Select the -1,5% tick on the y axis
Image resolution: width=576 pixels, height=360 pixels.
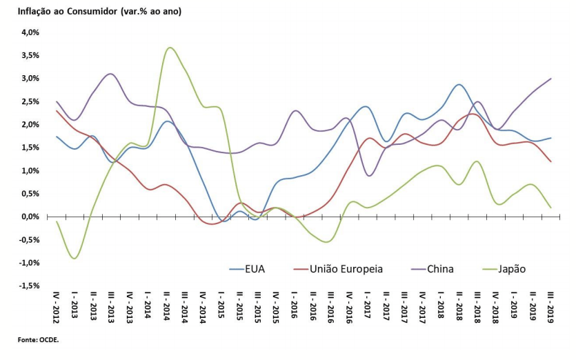[30, 286]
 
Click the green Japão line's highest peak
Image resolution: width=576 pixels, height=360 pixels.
[170, 48]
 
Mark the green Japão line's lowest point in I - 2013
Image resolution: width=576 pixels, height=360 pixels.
[74, 258]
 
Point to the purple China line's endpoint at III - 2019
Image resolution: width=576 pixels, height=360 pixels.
[550, 79]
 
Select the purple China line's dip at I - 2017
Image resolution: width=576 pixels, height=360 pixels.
[370, 176]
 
